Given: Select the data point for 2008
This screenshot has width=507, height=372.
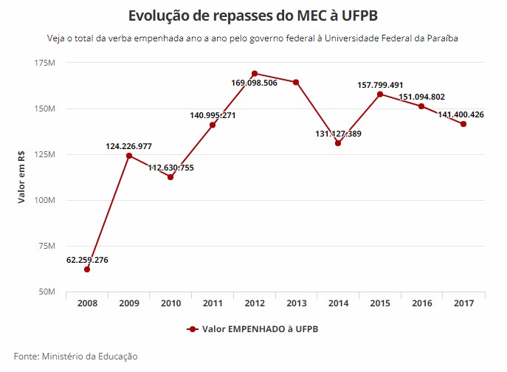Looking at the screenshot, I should coord(87,269).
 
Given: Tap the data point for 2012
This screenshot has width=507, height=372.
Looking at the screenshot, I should coord(255,74).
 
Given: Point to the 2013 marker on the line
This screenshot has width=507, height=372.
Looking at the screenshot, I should coord(296,82).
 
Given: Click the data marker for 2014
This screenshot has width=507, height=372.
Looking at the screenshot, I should coord(338,143).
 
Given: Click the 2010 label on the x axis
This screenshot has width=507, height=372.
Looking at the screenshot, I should coord(170,303).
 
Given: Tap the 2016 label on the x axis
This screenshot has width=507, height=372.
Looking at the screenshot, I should coord(421,303).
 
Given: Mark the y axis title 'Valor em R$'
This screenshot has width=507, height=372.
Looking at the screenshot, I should coord(22,178).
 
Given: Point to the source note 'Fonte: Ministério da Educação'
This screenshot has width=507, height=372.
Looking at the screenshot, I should coord(75,356).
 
